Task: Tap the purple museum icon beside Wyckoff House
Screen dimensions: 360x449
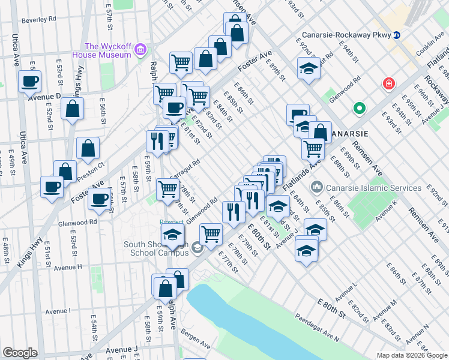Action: click(x=140, y=48)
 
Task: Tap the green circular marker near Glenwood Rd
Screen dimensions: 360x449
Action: click(x=360, y=109)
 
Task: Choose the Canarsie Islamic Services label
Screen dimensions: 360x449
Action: click(x=373, y=188)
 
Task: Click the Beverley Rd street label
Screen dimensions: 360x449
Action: click(x=38, y=19)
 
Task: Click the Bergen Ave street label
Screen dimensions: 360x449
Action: click(x=196, y=346)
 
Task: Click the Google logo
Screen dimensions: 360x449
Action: click(x=20, y=353)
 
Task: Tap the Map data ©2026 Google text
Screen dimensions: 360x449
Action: click(x=412, y=355)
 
